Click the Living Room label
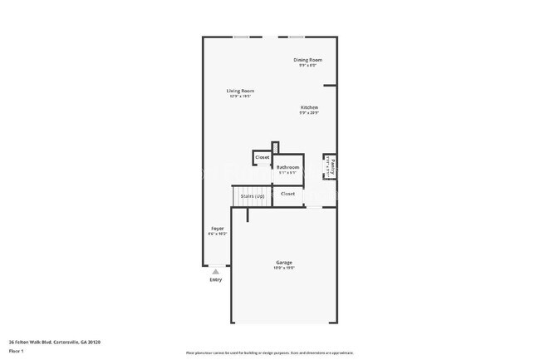[x=240, y=91]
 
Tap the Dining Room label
[x=308, y=60]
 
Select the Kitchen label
[x=309, y=107]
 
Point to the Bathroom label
[x=288, y=167]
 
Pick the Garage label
[x=284, y=263]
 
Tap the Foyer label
[x=217, y=228]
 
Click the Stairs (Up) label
[x=253, y=195]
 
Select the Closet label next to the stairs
[x=287, y=194]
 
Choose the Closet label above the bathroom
[x=262, y=157]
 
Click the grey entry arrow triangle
[x=216, y=271]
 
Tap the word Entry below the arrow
[x=216, y=280]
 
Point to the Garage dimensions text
[x=284, y=269]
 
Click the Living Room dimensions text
[x=240, y=96]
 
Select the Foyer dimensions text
[x=217, y=234]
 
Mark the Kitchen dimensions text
[x=309, y=113]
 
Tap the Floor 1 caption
[x=17, y=352]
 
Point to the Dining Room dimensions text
[x=308, y=66]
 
